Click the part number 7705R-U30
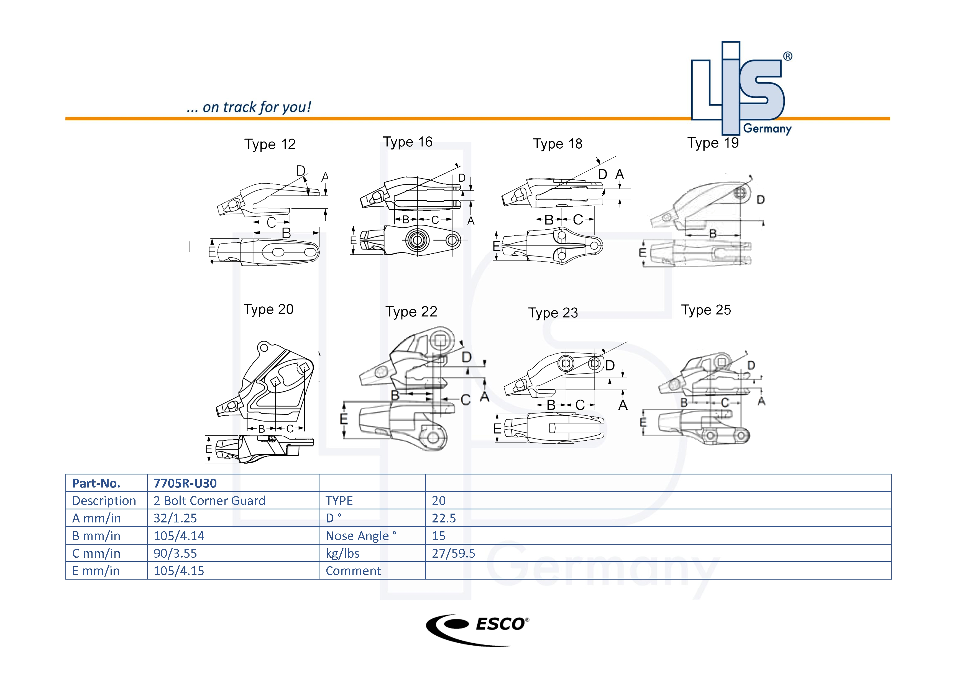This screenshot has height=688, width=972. click(185, 483)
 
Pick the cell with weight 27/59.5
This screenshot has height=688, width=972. click(453, 553)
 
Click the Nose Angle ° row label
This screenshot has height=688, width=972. click(361, 536)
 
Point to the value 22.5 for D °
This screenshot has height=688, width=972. click(443, 518)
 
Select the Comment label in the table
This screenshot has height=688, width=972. click(353, 571)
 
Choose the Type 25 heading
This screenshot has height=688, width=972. click(706, 310)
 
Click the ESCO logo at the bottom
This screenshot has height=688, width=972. click(477, 629)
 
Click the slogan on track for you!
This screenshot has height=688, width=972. click(249, 107)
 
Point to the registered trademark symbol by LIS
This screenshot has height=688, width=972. click(787, 56)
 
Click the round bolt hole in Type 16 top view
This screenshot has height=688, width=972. click(417, 240)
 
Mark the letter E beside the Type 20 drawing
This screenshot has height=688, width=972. click(209, 449)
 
